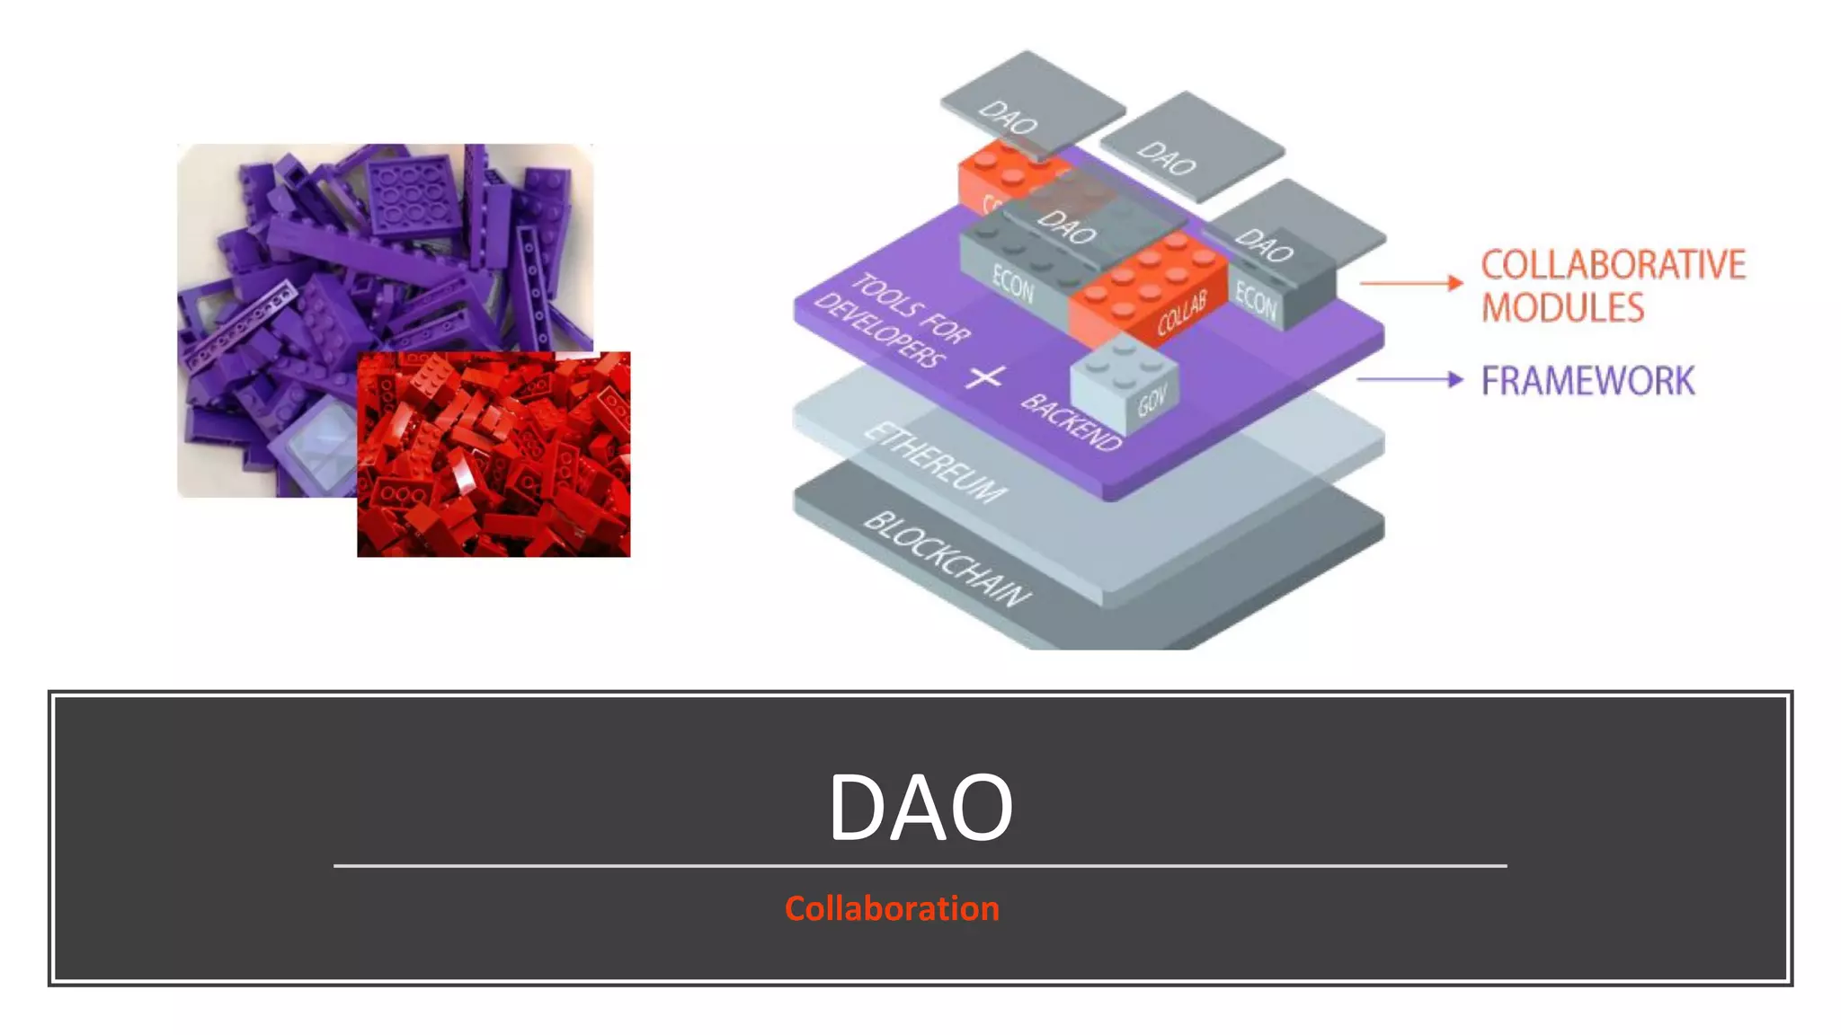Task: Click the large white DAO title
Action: (x=920, y=807)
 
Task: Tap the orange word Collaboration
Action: (x=892, y=908)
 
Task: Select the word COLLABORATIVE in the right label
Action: (x=1613, y=265)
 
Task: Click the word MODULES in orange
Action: (x=1562, y=308)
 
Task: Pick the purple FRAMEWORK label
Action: (x=1588, y=381)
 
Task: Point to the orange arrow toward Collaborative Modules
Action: (x=1410, y=283)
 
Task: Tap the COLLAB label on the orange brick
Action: (x=1180, y=314)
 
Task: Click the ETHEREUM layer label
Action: (x=935, y=462)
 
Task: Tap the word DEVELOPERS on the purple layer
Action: (x=878, y=330)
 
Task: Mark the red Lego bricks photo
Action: (x=494, y=455)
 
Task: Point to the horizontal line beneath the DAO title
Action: (x=920, y=866)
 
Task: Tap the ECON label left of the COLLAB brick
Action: (x=1012, y=286)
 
